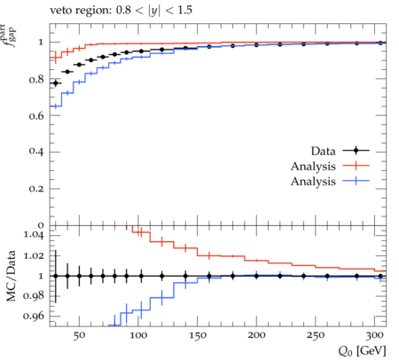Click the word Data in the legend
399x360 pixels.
324,151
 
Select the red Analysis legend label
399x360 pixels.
313,167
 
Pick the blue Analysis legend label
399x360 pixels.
313,181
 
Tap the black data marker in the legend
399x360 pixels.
356,151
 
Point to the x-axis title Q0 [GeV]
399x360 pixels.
362,351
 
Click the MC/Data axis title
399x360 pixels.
12,276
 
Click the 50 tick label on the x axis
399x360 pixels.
79,335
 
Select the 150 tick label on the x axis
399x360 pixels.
198,335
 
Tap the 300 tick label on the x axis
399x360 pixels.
374,335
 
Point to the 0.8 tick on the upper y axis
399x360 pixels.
36,80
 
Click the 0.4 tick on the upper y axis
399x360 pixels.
36,152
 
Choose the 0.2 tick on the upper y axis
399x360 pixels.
36,188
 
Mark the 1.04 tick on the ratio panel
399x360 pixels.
34,235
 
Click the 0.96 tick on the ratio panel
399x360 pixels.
34,316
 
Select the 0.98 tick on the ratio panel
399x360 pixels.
34,295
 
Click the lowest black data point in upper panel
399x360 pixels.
56,83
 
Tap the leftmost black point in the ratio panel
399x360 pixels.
56,276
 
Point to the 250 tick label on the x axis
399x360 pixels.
316,335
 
